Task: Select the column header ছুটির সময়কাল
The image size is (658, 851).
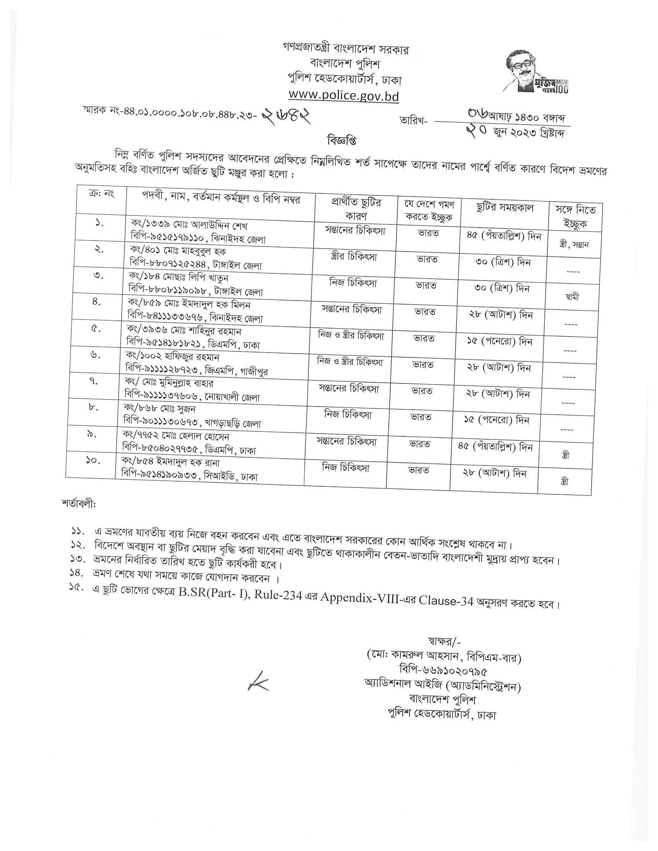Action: tap(505, 208)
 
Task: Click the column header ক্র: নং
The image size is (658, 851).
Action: tap(101, 194)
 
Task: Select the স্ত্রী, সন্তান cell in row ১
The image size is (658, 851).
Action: tap(574, 245)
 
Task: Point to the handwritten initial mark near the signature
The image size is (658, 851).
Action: tap(258, 681)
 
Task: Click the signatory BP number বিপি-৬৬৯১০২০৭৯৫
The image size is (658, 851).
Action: tap(444, 671)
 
